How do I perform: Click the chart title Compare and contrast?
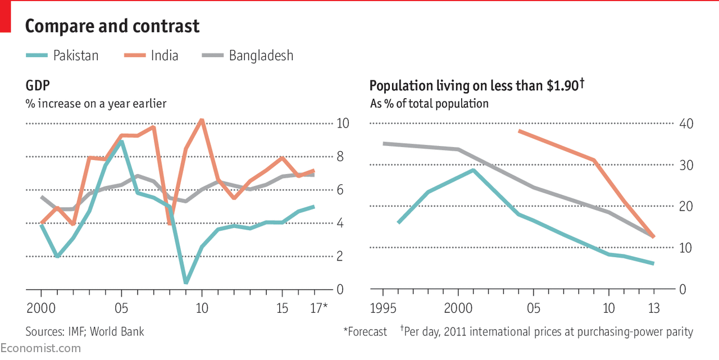point(112,26)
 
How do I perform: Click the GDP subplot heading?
point(37,86)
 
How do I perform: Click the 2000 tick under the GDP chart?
point(41,308)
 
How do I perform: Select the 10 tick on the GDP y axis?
point(342,124)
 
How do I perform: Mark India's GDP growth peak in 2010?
point(202,120)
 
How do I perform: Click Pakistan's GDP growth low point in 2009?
point(186,282)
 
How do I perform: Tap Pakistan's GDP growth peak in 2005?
point(121,142)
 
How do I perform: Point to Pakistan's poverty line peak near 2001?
point(474,170)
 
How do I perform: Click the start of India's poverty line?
point(519,131)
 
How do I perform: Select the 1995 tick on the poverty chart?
point(383,308)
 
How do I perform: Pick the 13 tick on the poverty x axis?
point(653,308)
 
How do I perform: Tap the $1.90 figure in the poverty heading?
point(561,86)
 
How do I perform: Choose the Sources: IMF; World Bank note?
point(85,331)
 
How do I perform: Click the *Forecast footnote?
point(365,331)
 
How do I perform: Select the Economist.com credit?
point(40,348)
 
